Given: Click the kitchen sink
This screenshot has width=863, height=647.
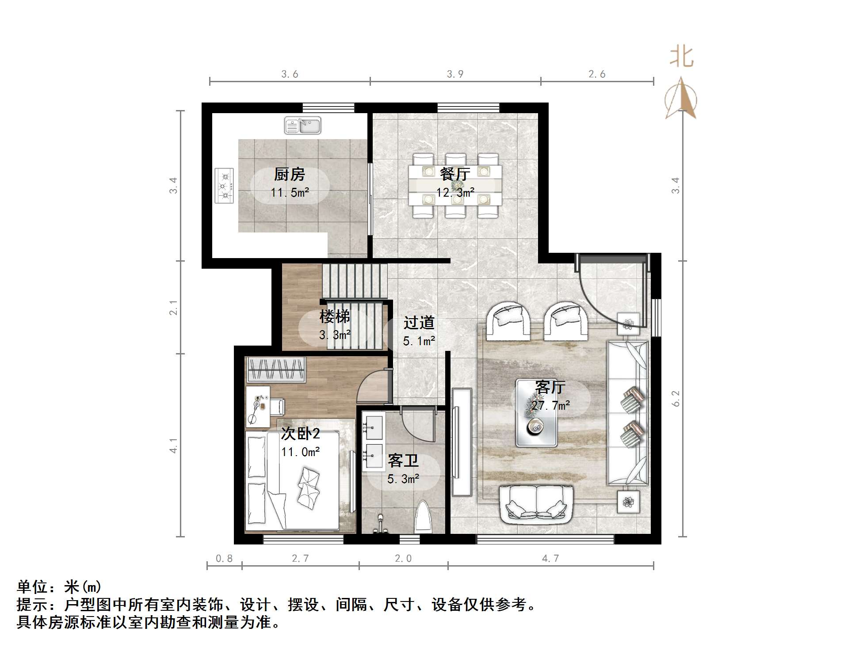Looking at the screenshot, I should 302,126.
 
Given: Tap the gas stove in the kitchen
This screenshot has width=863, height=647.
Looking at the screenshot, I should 224,186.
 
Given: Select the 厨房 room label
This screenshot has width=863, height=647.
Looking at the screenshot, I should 290,174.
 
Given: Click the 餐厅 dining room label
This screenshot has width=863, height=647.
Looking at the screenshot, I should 455,174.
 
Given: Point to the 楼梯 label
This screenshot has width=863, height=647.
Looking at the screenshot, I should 335,316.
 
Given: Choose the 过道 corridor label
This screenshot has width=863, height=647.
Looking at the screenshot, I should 419,323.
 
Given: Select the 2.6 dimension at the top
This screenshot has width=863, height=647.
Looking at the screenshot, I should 596,74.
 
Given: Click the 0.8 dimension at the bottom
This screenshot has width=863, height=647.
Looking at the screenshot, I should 224,559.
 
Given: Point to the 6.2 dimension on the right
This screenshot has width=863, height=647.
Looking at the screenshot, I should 676,398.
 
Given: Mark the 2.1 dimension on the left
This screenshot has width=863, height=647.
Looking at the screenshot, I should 173,308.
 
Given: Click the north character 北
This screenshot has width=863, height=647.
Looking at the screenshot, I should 681,57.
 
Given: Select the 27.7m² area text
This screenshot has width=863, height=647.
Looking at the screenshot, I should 550,405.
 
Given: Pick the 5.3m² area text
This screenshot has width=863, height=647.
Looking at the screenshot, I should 403,479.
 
